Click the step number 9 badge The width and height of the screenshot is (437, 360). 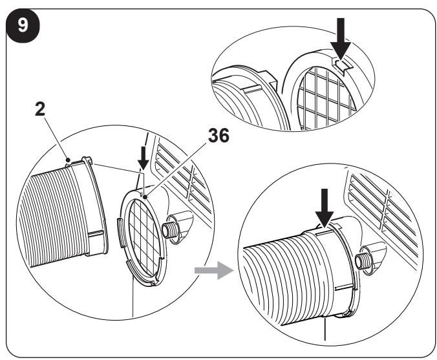[x=23, y=26]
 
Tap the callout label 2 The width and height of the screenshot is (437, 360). [x=40, y=109]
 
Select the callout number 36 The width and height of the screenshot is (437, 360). [x=218, y=136]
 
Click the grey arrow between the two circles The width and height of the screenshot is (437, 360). [x=214, y=270]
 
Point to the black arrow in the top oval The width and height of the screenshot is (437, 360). [x=340, y=39]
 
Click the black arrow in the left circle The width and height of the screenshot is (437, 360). [x=144, y=158]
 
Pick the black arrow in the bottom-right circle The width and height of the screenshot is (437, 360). [x=325, y=208]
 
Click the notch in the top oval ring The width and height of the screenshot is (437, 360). [x=343, y=66]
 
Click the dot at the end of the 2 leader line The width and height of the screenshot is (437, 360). [x=67, y=160]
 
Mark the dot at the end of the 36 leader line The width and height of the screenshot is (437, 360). [x=145, y=197]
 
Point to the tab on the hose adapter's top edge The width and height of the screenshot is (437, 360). [x=87, y=160]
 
